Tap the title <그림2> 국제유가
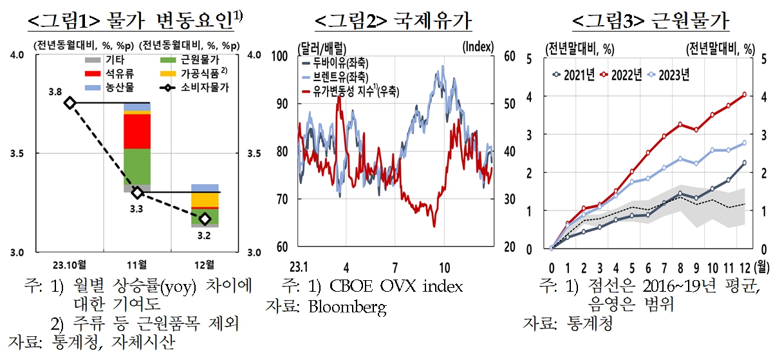point(393,21)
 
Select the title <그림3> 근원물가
point(650,21)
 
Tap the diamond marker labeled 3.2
point(205,219)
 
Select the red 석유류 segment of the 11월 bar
point(137,131)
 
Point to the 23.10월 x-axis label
point(70,265)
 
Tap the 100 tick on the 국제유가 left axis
point(281,57)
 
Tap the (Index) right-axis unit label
point(478,46)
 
